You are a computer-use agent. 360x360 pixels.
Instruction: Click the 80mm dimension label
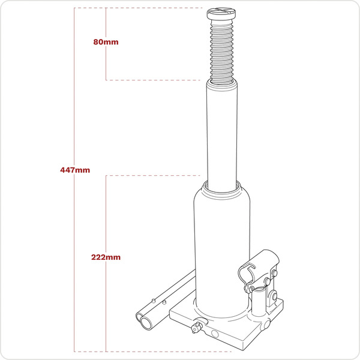tap(106, 43)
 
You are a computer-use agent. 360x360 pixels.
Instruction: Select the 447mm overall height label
tap(74, 170)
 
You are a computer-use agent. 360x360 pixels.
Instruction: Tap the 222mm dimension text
tap(106, 257)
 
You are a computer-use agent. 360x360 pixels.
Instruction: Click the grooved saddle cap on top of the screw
tap(224, 13)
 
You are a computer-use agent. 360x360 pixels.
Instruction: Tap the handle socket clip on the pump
tap(258, 264)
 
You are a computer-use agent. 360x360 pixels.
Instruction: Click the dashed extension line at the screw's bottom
tap(156, 80)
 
